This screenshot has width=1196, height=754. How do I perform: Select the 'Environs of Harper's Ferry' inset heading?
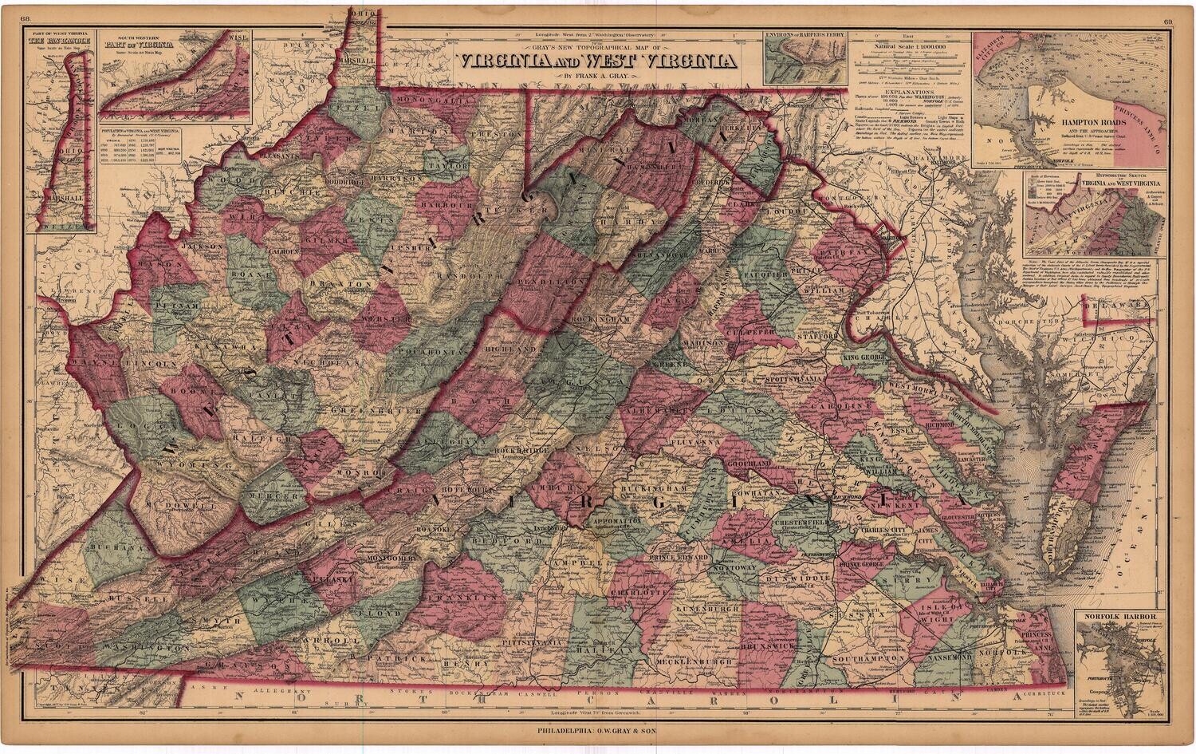point(805,36)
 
